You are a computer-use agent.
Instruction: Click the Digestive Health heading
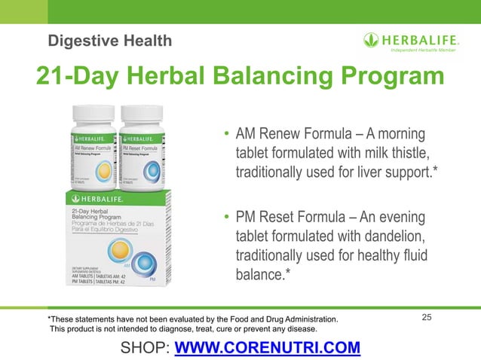coord(109,39)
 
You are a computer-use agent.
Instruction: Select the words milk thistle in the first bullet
coord(400,154)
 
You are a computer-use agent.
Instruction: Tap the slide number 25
coord(427,319)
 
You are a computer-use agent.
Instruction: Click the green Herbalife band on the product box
coord(113,198)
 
